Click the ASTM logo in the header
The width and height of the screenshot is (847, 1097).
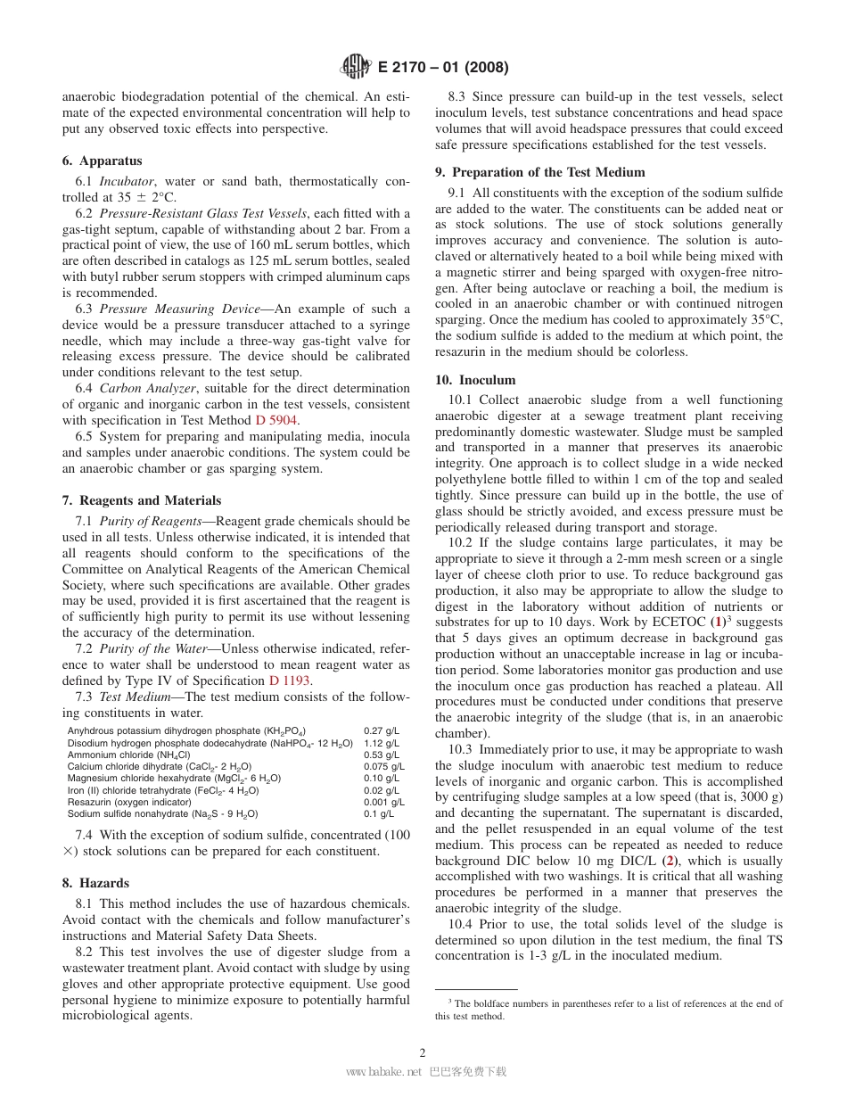click(357, 67)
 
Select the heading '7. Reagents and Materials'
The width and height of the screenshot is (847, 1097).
click(142, 500)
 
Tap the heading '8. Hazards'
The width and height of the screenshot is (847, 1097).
click(95, 883)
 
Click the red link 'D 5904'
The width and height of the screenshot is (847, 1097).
click(276, 420)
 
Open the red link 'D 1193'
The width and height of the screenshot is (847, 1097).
click(290, 681)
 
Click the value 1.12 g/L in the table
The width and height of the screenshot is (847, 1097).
click(382, 743)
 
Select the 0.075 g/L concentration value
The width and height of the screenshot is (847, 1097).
click(383, 766)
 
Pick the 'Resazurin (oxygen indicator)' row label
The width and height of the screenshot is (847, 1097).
click(129, 802)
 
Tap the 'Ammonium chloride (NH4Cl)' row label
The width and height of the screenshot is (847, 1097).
click(129, 755)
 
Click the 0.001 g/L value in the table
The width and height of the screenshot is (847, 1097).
click(383, 802)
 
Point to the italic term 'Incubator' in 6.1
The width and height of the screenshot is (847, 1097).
click(125, 182)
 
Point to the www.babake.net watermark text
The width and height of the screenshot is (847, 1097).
click(382, 1072)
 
